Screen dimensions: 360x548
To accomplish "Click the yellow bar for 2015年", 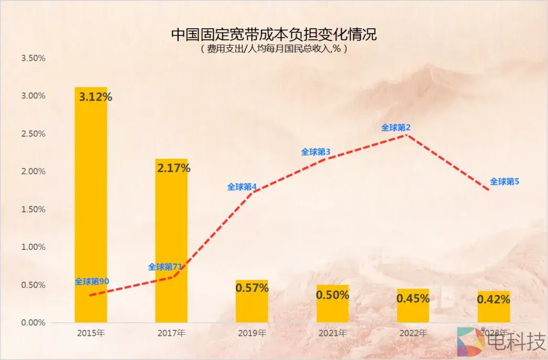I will (x=91, y=210).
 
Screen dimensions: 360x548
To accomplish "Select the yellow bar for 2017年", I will (x=171, y=241).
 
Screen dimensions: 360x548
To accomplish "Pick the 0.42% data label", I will (x=493, y=300).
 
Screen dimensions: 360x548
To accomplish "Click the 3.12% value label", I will (x=95, y=97).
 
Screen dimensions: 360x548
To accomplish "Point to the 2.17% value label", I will (x=173, y=168).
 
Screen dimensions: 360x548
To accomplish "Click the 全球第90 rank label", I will (x=92, y=281).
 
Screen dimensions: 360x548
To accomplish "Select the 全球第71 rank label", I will (x=165, y=267).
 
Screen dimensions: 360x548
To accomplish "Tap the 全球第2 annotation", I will (x=396, y=127).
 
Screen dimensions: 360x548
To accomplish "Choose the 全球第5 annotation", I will (x=504, y=182).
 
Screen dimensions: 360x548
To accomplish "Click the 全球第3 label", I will (x=315, y=152).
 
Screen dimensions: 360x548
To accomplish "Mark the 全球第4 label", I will (x=242, y=187).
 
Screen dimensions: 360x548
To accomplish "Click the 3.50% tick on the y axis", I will (x=33, y=58).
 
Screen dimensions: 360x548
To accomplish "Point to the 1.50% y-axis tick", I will (x=33, y=209).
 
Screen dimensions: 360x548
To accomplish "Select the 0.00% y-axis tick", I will (x=33, y=322).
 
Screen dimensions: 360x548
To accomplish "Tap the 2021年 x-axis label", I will (x=332, y=333).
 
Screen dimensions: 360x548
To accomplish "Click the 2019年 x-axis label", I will (x=251, y=333).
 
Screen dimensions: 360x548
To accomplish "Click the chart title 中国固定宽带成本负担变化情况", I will (x=274, y=35).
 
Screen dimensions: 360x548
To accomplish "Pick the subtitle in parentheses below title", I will (x=274, y=49).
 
